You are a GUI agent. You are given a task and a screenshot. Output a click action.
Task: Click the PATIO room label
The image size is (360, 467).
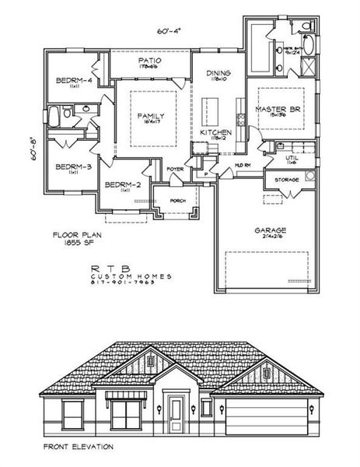click(x=149, y=61)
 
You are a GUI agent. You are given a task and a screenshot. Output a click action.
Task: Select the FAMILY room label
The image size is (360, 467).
click(x=152, y=117)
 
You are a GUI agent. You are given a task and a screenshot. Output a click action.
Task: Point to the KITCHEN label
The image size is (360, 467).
click(x=215, y=133)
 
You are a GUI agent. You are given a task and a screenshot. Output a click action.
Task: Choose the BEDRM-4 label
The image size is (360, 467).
click(x=75, y=81)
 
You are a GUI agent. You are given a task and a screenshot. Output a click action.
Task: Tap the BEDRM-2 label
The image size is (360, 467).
click(x=122, y=184)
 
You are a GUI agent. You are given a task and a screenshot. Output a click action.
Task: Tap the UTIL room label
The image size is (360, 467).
click(x=292, y=158)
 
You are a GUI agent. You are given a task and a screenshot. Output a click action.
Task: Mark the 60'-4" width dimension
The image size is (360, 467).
click(x=169, y=30)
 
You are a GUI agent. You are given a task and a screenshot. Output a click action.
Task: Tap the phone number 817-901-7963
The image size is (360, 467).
click(x=131, y=283)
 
